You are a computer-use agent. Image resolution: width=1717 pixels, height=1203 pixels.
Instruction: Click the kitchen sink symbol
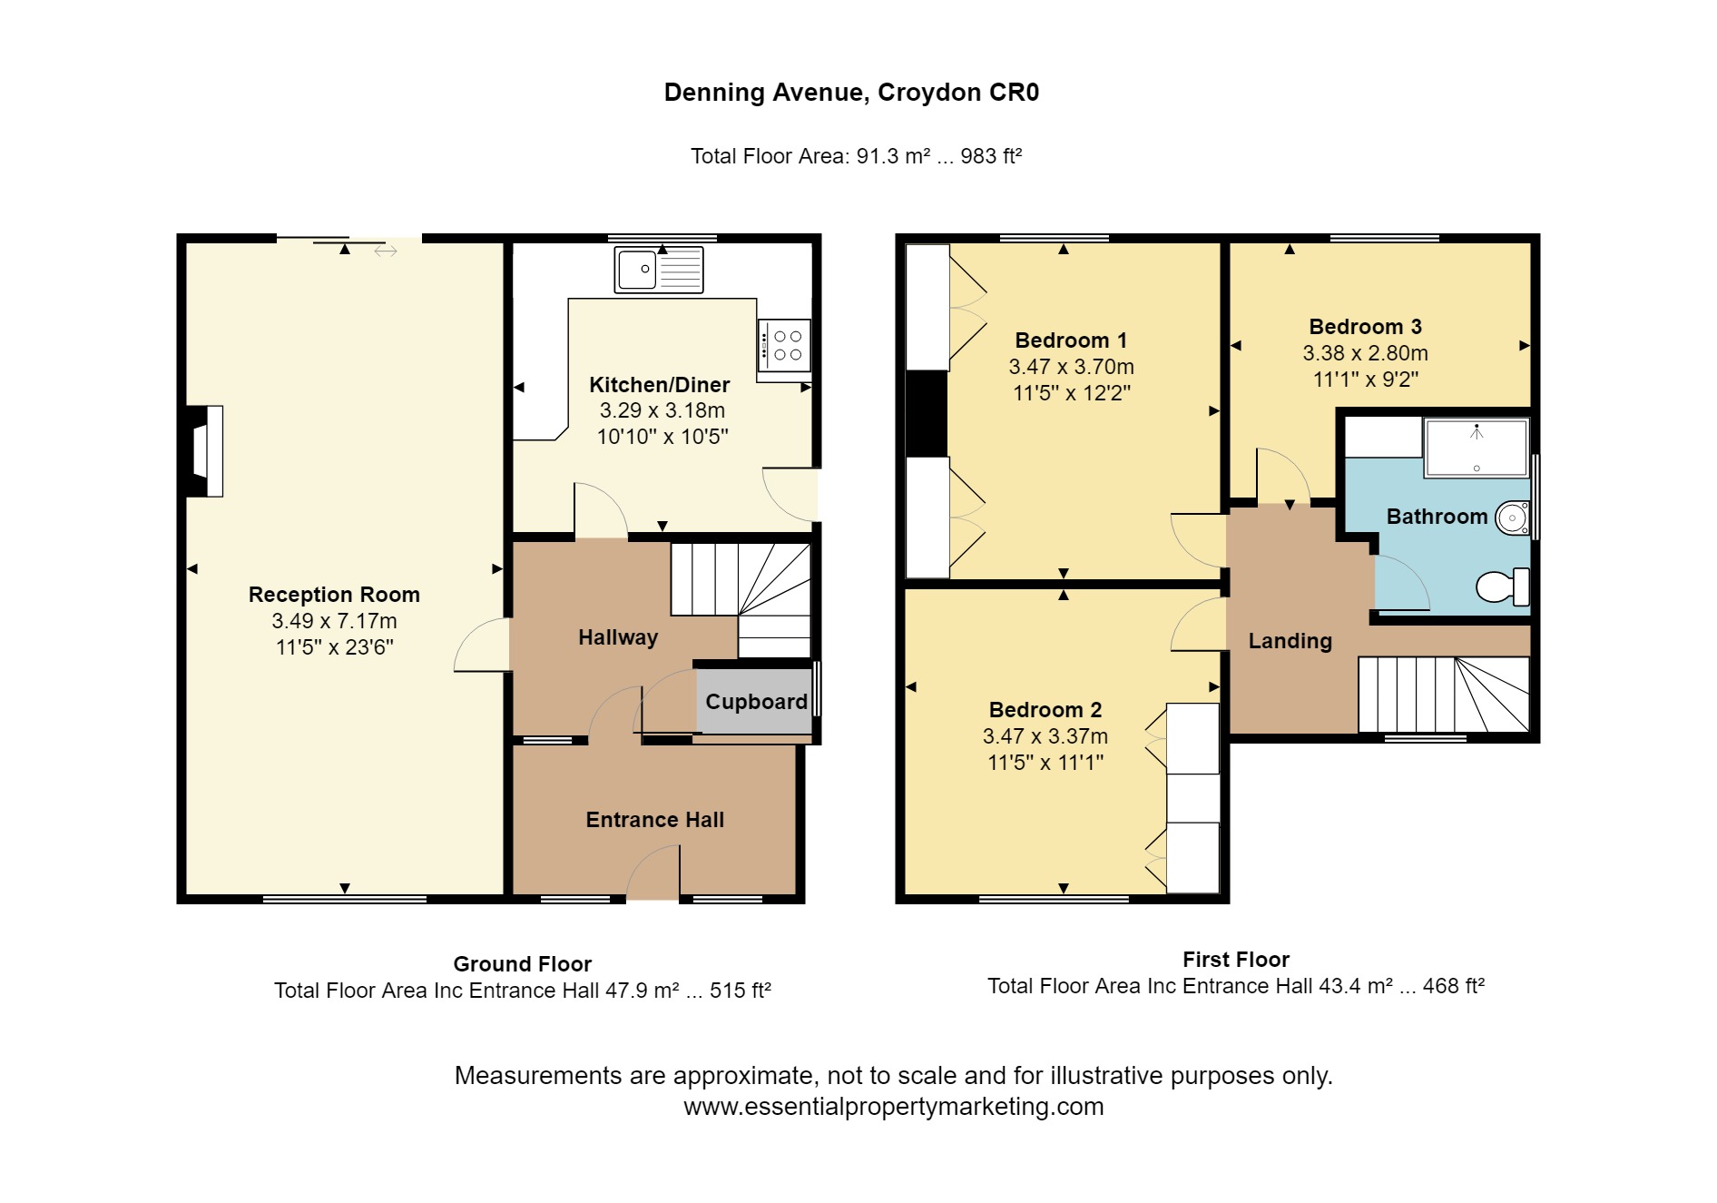click(659, 269)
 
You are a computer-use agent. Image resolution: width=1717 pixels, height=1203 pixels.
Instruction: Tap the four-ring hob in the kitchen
click(784, 345)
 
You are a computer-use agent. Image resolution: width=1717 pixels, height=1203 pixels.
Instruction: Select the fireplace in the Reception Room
click(205, 450)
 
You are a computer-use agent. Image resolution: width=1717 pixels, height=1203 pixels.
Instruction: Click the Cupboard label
click(756, 702)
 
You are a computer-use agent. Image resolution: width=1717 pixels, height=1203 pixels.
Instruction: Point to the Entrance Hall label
click(654, 820)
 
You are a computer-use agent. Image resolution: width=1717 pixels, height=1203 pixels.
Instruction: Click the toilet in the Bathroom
click(1503, 587)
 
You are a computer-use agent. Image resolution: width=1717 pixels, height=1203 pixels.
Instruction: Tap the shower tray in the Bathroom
click(1476, 448)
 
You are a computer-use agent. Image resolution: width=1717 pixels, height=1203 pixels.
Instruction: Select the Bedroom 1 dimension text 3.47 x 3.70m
click(1071, 367)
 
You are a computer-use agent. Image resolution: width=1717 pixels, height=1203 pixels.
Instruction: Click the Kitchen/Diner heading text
click(660, 385)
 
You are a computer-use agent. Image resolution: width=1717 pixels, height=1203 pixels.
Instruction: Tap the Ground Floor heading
click(522, 964)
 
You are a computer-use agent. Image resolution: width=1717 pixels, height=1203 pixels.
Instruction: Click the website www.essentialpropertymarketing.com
click(893, 1107)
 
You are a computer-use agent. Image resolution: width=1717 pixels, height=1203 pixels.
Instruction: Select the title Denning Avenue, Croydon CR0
click(851, 93)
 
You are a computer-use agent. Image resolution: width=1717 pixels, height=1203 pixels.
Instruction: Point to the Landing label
click(1290, 641)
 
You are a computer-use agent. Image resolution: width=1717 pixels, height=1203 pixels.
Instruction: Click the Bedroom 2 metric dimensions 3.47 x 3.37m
click(1045, 736)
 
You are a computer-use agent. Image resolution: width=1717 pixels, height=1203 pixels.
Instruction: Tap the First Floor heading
click(1236, 960)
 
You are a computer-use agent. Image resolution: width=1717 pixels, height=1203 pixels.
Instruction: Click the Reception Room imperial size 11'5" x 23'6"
click(334, 647)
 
